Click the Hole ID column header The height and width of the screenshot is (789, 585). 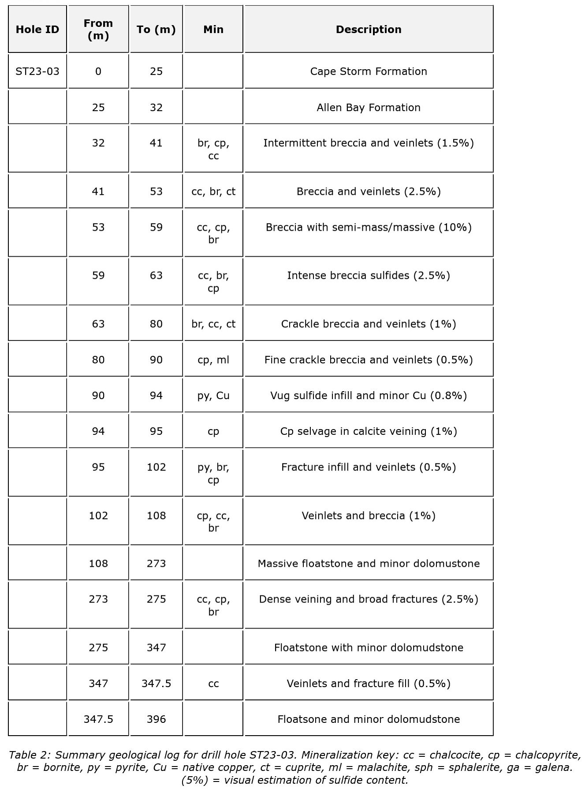(x=37, y=30)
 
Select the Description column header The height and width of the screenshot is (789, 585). (x=369, y=30)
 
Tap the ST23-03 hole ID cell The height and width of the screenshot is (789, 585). (x=37, y=71)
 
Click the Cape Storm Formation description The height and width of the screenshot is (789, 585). (x=369, y=71)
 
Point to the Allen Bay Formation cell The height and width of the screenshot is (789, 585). (x=369, y=108)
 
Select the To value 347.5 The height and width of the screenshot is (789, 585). (x=156, y=684)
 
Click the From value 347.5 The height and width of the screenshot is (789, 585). (x=98, y=719)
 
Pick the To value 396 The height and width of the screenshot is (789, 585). (x=156, y=719)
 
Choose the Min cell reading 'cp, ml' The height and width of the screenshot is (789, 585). (x=213, y=360)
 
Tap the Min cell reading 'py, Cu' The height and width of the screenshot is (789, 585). (x=213, y=396)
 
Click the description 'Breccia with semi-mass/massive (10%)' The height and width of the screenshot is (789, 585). (x=369, y=228)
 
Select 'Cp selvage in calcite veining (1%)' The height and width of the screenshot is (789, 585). (x=369, y=431)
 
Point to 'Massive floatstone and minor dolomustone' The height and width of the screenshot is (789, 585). (x=369, y=564)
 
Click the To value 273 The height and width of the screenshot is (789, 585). (x=156, y=564)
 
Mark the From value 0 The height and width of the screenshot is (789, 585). (x=98, y=71)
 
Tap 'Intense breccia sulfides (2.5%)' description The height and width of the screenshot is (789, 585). (x=369, y=276)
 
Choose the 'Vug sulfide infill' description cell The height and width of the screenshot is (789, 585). (x=369, y=396)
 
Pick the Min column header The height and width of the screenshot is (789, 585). (x=213, y=30)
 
